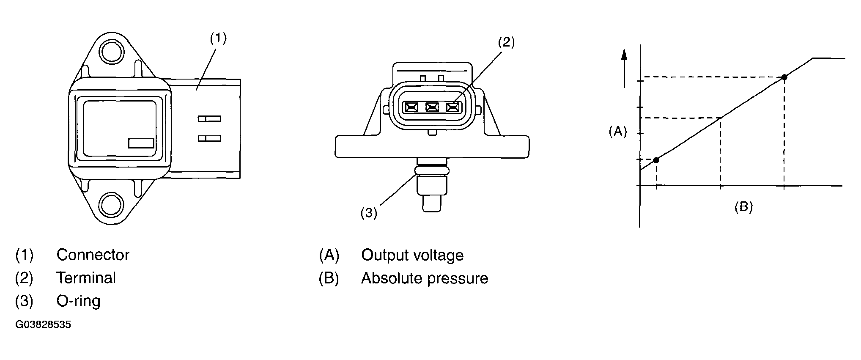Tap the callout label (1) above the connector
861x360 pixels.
click(x=218, y=38)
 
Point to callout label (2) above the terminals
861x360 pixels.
click(x=506, y=42)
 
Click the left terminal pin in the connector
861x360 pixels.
click(x=411, y=107)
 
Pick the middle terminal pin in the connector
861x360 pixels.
click(x=432, y=107)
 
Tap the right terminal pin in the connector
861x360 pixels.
click(x=453, y=107)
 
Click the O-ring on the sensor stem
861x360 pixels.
click(x=432, y=170)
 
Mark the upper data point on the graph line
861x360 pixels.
click(x=784, y=77)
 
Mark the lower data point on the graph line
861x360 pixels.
click(x=656, y=160)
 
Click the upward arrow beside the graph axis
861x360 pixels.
click(x=625, y=68)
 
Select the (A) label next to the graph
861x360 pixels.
click(x=617, y=132)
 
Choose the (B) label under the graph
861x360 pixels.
click(x=743, y=207)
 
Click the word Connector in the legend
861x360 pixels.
click(x=93, y=255)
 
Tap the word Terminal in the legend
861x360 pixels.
click(x=86, y=278)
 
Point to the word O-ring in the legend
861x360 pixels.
click(x=78, y=301)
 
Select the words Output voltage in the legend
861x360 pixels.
click(x=412, y=255)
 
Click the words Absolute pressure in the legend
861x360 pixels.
click(x=424, y=278)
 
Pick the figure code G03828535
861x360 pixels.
click(x=43, y=325)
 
